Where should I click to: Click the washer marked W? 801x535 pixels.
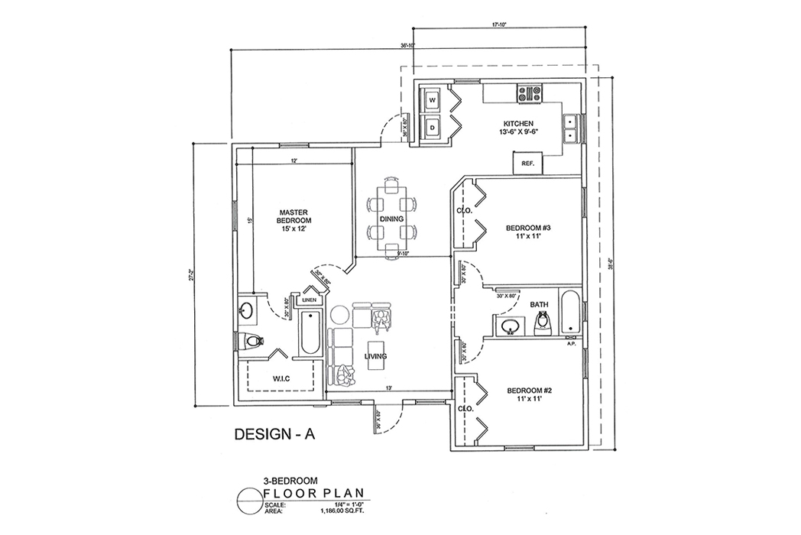point(431,101)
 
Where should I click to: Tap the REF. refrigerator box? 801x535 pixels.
point(527,163)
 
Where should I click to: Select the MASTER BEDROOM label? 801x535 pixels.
point(292,219)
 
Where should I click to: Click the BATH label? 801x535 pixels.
point(540,305)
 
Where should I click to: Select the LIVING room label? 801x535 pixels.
point(375,357)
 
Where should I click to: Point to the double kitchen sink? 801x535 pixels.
point(569,128)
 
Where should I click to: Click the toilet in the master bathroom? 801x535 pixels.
point(250,340)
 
